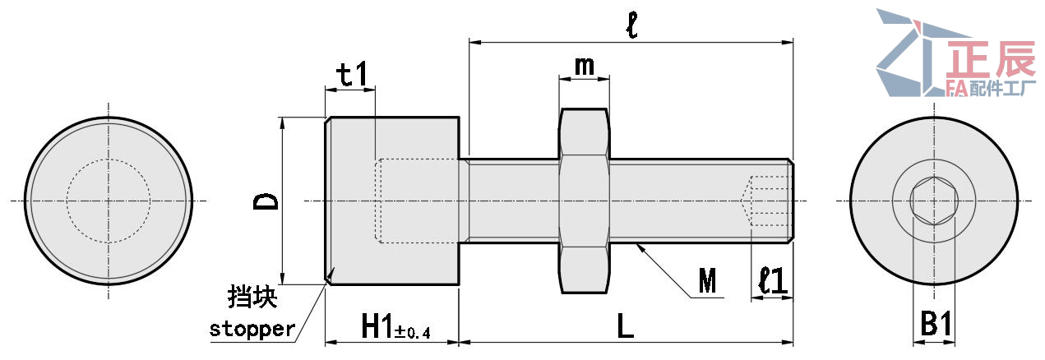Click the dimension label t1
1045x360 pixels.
354,76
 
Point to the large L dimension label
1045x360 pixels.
626,327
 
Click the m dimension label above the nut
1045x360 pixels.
585,66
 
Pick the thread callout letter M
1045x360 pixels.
706,283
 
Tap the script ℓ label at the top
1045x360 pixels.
631,25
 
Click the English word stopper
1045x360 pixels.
252,330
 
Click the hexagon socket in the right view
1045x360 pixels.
933,201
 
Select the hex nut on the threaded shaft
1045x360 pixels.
585,201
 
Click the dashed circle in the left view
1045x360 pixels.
109,201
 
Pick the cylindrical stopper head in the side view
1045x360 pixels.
391,201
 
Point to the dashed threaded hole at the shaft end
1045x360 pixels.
768,201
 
